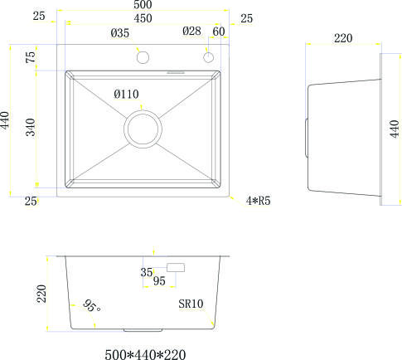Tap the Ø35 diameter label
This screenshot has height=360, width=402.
point(119,33)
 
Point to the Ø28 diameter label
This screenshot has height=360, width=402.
point(192,32)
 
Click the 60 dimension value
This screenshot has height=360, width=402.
point(219,32)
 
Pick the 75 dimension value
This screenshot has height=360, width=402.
point(30,57)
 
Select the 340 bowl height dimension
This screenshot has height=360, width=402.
point(30,129)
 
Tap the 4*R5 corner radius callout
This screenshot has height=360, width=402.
point(260,200)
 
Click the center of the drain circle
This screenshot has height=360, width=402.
point(143,129)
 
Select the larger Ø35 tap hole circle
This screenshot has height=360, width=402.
point(142,57)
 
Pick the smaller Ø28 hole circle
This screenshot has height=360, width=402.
point(209,57)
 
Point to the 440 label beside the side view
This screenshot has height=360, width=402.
point(395,129)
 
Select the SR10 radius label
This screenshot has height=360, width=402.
point(191,304)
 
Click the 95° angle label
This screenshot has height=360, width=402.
point(91,307)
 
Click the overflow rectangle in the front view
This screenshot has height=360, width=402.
point(176,267)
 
